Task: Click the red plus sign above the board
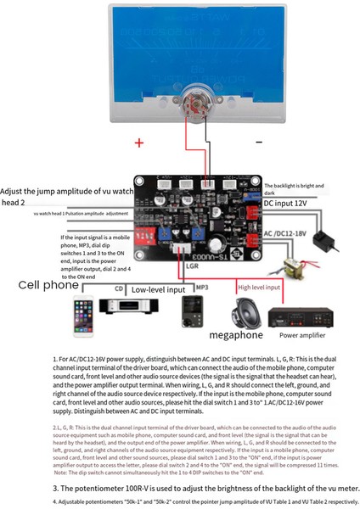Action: click(x=139, y=143)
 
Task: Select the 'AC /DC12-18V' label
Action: click(x=293, y=232)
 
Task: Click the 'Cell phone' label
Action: click(x=50, y=286)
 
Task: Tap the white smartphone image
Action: click(x=82, y=313)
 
